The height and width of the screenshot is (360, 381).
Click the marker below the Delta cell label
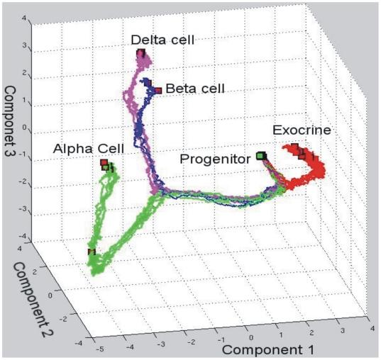coord(140,53)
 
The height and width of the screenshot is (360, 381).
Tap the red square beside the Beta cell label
coord(159,90)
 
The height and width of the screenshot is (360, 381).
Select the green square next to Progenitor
coord(260,154)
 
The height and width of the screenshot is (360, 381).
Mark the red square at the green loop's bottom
coord(91,252)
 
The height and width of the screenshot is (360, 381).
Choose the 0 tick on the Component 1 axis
coord(250,330)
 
